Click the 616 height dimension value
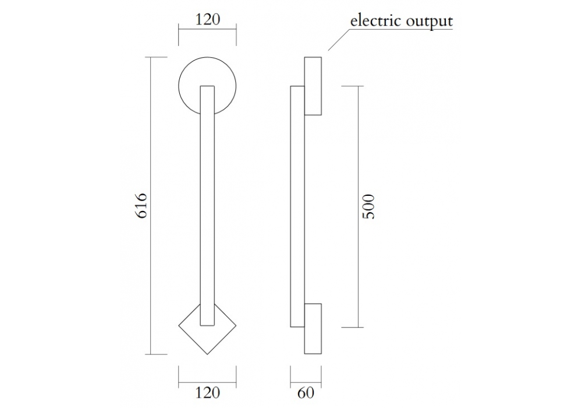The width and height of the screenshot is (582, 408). (143, 205)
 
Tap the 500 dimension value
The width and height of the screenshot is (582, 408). (369, 206)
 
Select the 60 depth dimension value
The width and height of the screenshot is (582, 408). (305, 393)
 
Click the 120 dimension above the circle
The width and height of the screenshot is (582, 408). (207, 20)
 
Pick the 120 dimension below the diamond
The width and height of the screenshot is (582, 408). (207, 393)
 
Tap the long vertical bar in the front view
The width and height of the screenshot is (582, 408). (207, 204)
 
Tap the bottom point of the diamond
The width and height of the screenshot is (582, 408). (207, 354)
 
